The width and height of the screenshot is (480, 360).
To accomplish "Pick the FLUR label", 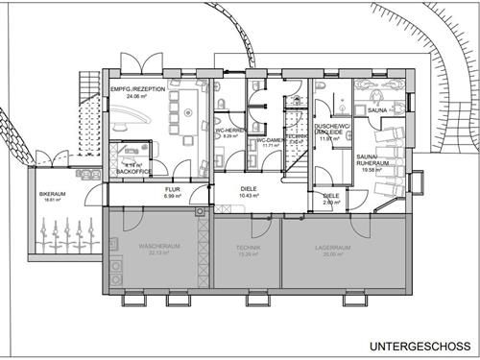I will pos(172,190).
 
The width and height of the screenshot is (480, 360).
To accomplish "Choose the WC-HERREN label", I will pos(228,131).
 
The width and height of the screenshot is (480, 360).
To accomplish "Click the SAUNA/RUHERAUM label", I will pos(369,159).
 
